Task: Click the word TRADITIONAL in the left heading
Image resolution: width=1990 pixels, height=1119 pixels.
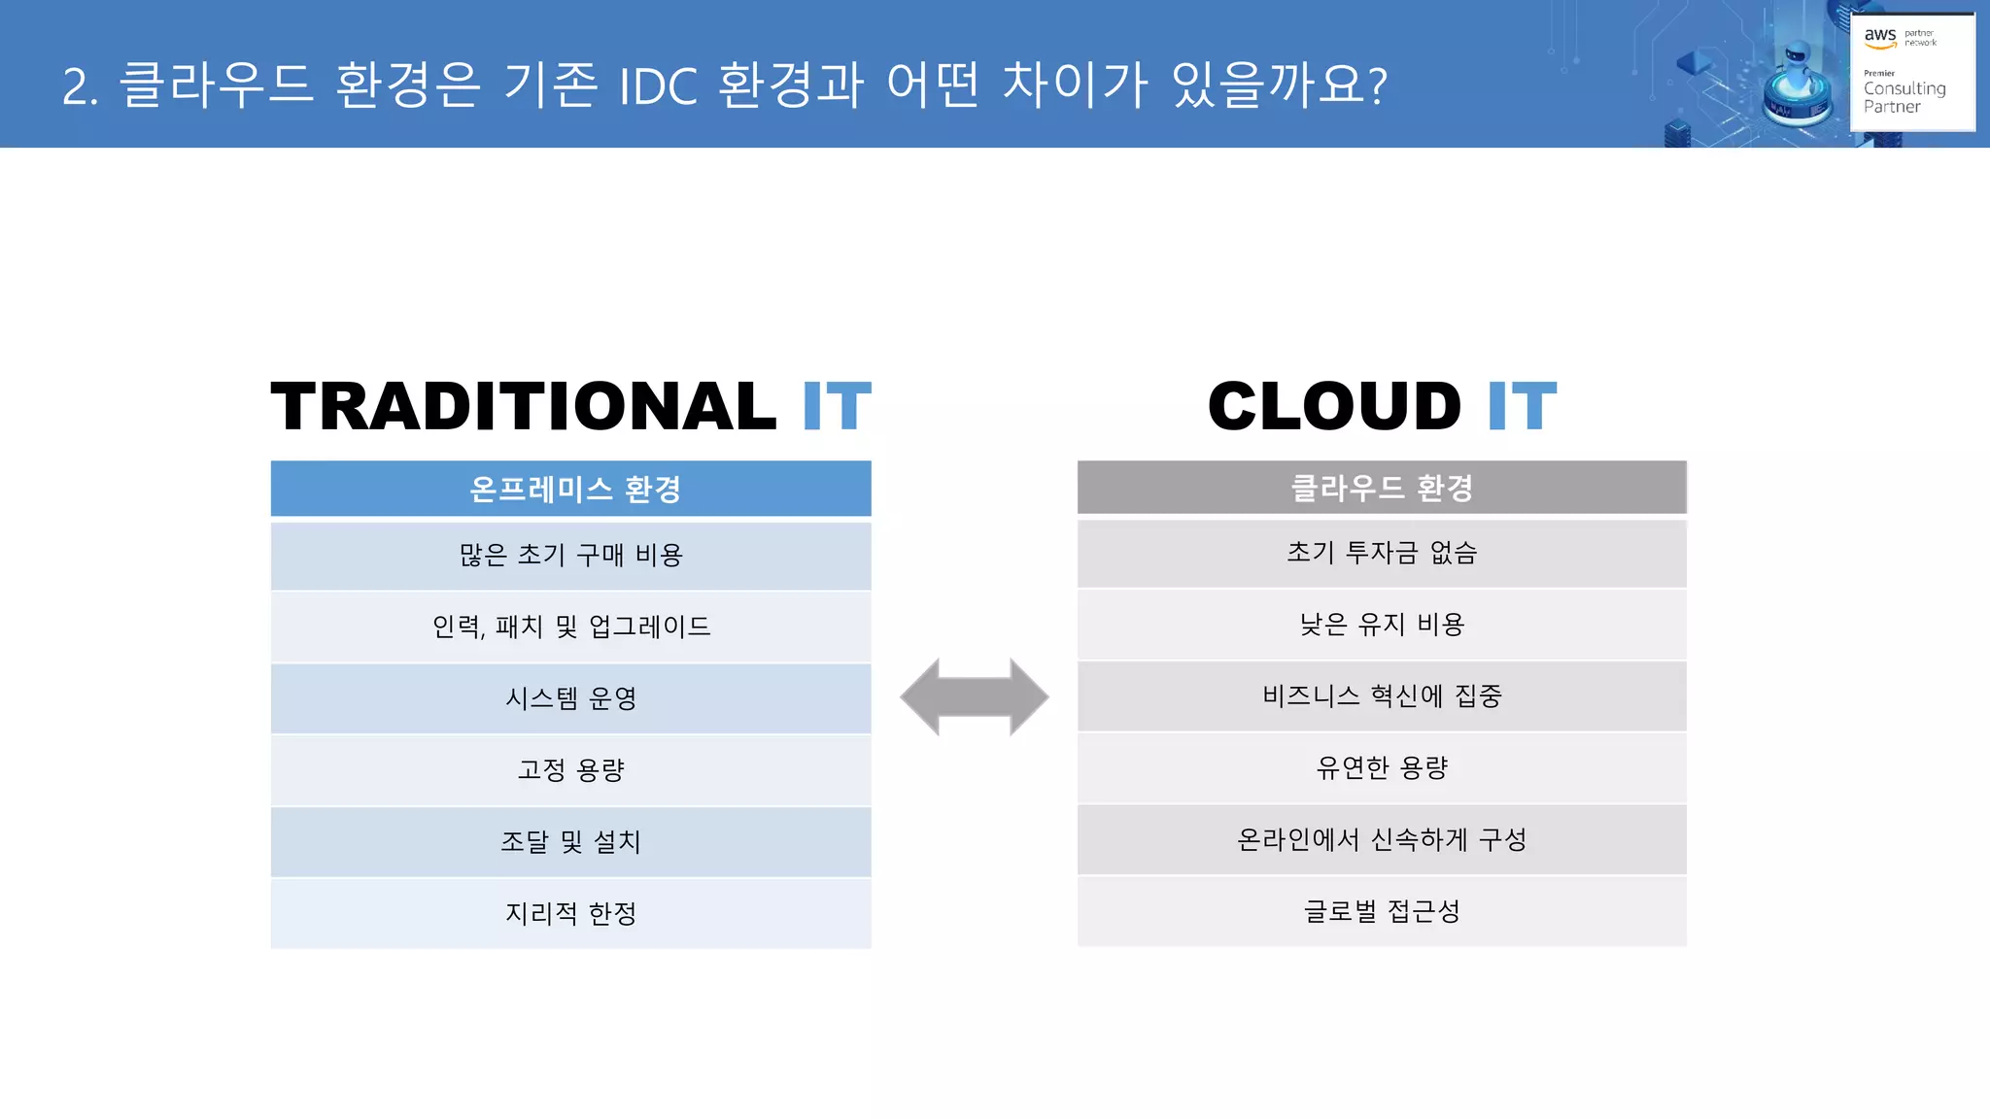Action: point(523,406)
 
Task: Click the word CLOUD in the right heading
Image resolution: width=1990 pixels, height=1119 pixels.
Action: point(1334,406)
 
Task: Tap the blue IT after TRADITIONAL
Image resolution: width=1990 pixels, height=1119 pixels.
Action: point(836,406)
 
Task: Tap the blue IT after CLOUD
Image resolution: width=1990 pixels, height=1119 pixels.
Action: point(1522,406)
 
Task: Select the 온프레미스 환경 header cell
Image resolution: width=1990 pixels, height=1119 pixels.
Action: point(571,489)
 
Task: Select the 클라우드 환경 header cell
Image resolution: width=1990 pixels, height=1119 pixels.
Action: point(1382,487)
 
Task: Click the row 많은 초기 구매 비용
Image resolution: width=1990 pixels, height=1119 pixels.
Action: point(571,556)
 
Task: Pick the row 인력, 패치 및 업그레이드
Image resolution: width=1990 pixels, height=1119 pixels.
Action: point(571,627)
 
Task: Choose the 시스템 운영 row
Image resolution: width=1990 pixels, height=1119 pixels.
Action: point(571,698)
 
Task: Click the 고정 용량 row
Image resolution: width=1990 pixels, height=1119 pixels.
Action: point(571,770)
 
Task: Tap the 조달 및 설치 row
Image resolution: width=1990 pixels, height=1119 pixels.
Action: point(571,842)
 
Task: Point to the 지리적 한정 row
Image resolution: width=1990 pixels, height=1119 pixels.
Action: point(571,914)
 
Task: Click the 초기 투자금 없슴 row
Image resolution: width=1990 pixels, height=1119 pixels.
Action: point(1382,554)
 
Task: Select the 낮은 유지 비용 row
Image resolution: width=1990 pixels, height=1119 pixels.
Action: point(1382,625)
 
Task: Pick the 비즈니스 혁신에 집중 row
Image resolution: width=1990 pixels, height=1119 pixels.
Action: point(1382,696)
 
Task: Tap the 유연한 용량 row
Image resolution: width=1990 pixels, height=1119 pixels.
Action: point(1382,768)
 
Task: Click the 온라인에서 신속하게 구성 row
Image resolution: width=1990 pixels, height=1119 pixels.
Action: point(1382,840)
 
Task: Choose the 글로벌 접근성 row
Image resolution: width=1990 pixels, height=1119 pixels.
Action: point(1382,911)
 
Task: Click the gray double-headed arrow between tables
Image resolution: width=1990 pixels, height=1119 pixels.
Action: point(975,696)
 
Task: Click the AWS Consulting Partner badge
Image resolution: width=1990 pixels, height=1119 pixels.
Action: point(1911,71)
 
